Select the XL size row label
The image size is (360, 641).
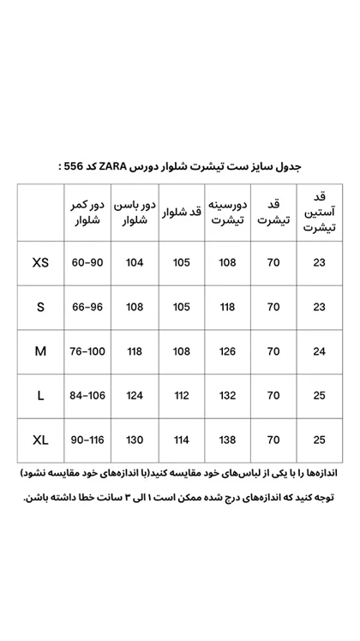pos(40,440)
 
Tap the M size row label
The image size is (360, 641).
pos(40,351)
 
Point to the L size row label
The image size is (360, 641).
pos(40,396)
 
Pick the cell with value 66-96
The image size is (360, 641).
pos(87,307)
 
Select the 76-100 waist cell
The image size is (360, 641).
pos(87,351)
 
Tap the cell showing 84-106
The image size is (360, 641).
pos(87,396)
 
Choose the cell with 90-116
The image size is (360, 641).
pos(87,440)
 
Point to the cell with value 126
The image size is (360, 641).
pos(228,351)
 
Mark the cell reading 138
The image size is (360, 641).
pos(228,440)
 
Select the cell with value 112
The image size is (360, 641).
pos(182,396)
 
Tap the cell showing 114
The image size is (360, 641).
pos(182,440)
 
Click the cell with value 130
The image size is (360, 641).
pos(135,440)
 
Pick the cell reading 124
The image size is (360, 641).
pos(135,396)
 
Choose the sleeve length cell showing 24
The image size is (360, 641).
pos(320,351)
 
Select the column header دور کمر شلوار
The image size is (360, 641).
pos(87,213)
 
